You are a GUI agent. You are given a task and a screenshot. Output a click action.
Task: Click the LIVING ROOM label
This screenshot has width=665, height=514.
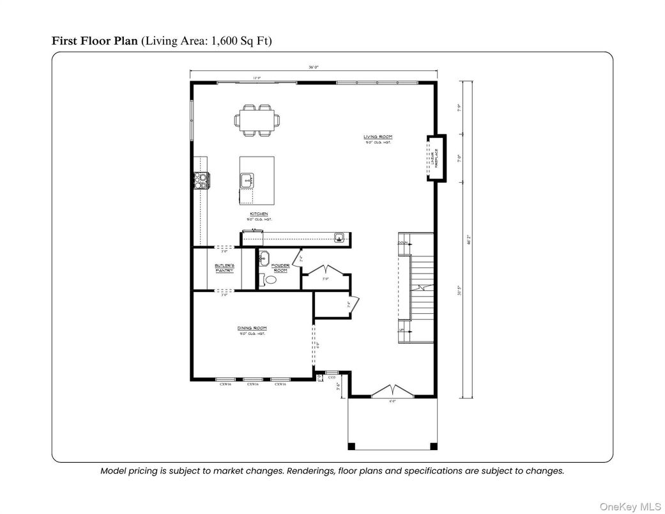tap(378, 137)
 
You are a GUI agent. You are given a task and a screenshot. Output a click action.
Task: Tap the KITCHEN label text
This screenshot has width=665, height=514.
tap(259, 214)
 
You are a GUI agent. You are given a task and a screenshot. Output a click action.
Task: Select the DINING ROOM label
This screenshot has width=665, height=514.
tap(252, 328)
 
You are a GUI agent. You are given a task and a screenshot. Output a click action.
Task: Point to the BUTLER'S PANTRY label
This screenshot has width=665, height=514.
tap(224, 268)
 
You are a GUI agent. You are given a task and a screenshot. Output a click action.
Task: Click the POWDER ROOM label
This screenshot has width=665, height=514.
tap(280, 268)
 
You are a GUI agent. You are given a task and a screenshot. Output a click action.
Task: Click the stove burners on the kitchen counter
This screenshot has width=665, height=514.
tap(200, 181)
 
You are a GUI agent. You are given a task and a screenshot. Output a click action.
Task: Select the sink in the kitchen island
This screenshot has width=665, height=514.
tap(247, 181)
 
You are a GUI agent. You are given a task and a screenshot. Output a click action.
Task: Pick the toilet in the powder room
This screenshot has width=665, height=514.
tap(270, 280)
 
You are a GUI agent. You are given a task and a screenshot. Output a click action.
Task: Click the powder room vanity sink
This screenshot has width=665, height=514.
tap(264, 259)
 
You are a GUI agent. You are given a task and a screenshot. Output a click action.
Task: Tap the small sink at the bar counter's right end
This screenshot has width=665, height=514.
tap(340, 238)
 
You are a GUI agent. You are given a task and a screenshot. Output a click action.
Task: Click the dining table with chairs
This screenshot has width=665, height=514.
tap(258, 120)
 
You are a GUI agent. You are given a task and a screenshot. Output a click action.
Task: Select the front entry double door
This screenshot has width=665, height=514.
tap(393, 390)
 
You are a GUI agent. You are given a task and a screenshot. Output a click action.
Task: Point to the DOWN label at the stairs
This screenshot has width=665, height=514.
tap(402, 243)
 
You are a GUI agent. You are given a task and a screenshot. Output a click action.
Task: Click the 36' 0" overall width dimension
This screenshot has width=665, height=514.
tap(313, 67)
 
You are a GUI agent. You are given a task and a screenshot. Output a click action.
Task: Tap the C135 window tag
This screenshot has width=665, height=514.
tap(332, 378)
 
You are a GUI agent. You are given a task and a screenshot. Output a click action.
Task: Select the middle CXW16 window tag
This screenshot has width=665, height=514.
tap(252, 384)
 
